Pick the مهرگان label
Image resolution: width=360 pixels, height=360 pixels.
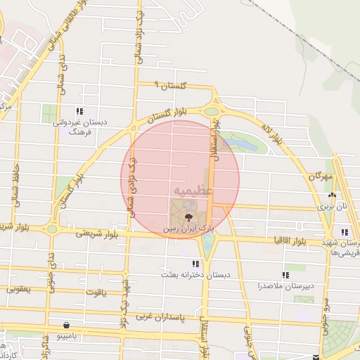(x=319, y=176)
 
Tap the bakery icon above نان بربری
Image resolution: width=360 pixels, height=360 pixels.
(x=331, y=195)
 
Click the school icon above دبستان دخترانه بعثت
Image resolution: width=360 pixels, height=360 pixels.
(x=195, y=263)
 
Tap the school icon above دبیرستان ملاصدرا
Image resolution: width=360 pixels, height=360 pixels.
(x=285, y=275)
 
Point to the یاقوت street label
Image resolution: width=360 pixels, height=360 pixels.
(x=94, y=292)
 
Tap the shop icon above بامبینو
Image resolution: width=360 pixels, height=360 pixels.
(x=66, y=326)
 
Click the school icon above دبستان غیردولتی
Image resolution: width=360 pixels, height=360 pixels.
(x=79, y=111)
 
